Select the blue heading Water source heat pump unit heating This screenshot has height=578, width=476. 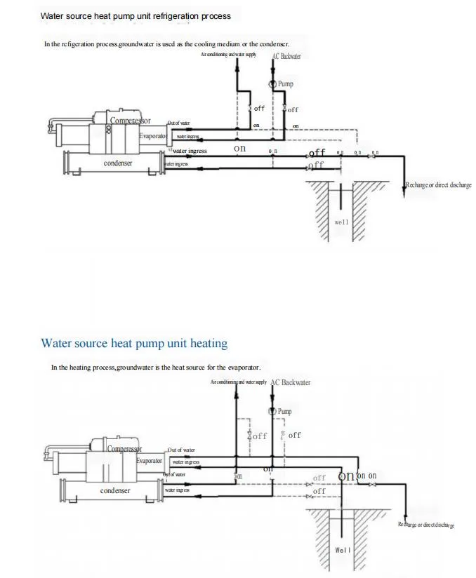tap(134, 344)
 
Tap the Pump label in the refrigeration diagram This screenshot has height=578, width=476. tap(286, 84)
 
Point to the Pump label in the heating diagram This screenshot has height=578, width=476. tap(284, 412)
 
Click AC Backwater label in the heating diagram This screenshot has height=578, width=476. tap(291, 383)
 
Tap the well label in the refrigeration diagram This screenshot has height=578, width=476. tap(341, 222)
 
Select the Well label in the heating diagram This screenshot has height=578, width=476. tap(342, 550)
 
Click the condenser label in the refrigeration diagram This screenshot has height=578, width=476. tap(118, 163)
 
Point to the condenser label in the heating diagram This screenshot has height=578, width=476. tap(115, 491)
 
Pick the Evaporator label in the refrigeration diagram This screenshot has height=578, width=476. tap(152, 136)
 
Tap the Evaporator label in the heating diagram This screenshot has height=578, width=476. tap(150, 461)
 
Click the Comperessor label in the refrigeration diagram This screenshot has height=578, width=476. tap(130, 121)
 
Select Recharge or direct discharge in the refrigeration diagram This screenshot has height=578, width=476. tap(439, 186)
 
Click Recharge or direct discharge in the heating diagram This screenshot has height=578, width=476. tap(426, 525)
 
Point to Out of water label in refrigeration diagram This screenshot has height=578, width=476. tap(178, 123)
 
